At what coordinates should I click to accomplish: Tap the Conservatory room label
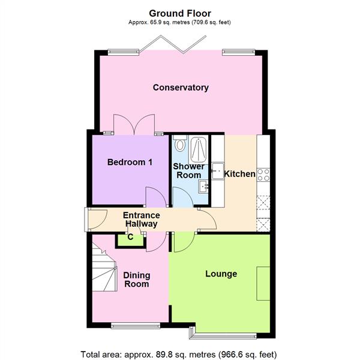click(181, 88)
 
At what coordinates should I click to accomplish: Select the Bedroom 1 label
click(130, 162)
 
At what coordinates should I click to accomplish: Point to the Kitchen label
click(239, 174)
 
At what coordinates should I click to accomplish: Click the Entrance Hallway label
click(142, 220)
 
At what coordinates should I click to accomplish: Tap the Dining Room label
click(136, 280)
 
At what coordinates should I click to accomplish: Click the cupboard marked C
click(130, 238)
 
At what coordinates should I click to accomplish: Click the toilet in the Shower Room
click(179, 146)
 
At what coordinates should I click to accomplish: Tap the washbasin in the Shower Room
click(205, 187)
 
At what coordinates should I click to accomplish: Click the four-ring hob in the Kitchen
click(263, 175)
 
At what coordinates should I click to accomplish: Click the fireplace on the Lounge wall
click(263, 283)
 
